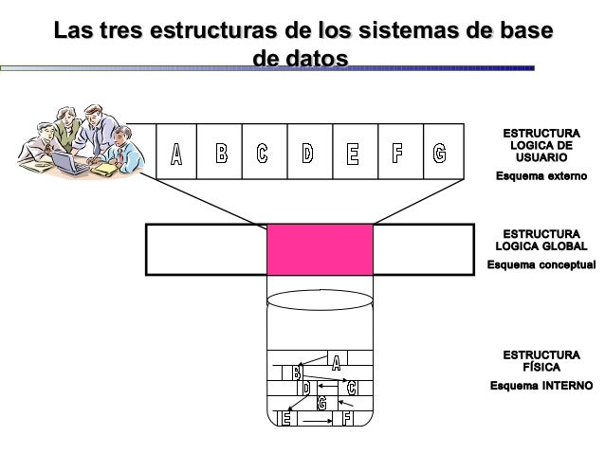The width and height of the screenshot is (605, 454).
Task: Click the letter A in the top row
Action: (x=176, y=154)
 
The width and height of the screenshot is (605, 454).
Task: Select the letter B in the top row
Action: (x=221, y=153)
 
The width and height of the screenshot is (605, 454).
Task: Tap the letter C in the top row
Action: (x=263, y=153)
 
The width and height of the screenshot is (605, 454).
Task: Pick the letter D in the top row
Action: (x=307, y=153)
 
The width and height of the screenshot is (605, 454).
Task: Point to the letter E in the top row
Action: (x=352, y=153)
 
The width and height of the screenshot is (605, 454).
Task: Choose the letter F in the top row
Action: (x=396, y=153)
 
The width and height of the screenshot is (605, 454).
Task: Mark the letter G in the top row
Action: (x=439, y=153)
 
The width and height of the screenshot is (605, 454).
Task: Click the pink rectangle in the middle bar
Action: (x=320, y=249)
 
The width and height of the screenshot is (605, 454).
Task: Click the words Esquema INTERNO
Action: (x=541, y=386)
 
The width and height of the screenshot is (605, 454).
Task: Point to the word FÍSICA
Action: (x=541, y=367)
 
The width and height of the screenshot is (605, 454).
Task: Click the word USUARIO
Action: (x=541, y=158)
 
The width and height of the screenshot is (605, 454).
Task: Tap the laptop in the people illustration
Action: (x=68, y=163)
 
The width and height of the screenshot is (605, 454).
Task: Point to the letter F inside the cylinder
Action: (x=348, y=418)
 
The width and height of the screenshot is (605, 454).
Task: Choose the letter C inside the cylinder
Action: (x=352, y=388)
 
